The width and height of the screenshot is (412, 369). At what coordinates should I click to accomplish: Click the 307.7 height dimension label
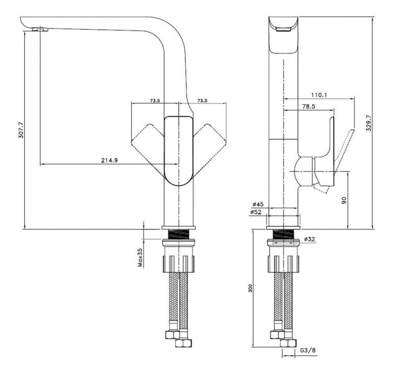coord(21,130)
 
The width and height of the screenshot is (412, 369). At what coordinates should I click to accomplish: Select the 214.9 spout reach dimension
coord(109,160)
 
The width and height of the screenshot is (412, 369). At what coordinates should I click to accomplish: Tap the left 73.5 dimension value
coord(155,100)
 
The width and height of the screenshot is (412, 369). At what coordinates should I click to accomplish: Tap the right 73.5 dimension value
coord(202,100)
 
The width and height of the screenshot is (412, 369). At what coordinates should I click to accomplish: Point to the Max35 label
coord(140,258)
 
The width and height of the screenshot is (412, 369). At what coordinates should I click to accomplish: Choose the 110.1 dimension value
coord(319,95)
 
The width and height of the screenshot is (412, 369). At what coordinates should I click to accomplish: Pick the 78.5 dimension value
coord(309,107)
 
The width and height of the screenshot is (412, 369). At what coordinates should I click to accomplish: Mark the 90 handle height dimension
coord(344,200)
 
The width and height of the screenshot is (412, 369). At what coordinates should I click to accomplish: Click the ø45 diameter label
coord(258,204)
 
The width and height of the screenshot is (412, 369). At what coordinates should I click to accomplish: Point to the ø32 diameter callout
coord(309,239)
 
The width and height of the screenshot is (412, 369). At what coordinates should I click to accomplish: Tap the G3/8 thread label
coord(308,350)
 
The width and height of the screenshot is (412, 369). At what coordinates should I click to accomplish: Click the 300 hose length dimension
coord(250,288)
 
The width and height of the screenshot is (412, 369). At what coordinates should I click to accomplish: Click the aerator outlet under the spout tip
coord(41,29)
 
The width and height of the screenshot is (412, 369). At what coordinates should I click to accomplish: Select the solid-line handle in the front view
coord(179,151)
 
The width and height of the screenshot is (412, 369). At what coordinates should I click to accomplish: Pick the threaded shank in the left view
coord(179,235)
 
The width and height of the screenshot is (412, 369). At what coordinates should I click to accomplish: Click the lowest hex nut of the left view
coord(183,343)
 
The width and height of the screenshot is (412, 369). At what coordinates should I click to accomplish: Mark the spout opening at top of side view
coord(283,29)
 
